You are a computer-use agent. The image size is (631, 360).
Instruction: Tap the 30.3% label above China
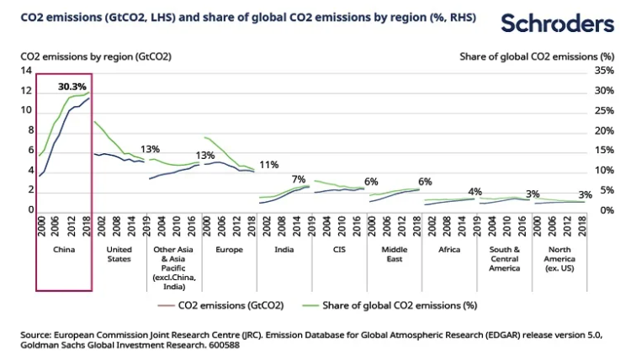(x=72, y=86)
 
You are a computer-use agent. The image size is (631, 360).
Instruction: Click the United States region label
(x=119, y=253)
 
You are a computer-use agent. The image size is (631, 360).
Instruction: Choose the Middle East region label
(x=394, y=253)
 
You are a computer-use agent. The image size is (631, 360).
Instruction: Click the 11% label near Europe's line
(x=269, y=165)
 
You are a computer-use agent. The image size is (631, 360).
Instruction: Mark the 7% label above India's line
(x=299, y=179)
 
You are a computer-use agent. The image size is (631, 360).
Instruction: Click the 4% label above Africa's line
(x=475, y=191)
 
